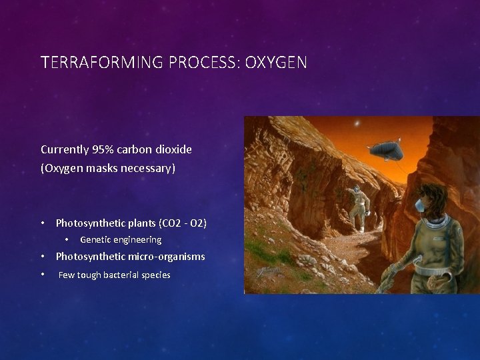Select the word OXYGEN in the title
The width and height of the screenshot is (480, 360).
point(276,63)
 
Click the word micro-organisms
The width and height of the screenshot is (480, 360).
point(167,257)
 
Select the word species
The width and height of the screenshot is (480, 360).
point(155,275)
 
